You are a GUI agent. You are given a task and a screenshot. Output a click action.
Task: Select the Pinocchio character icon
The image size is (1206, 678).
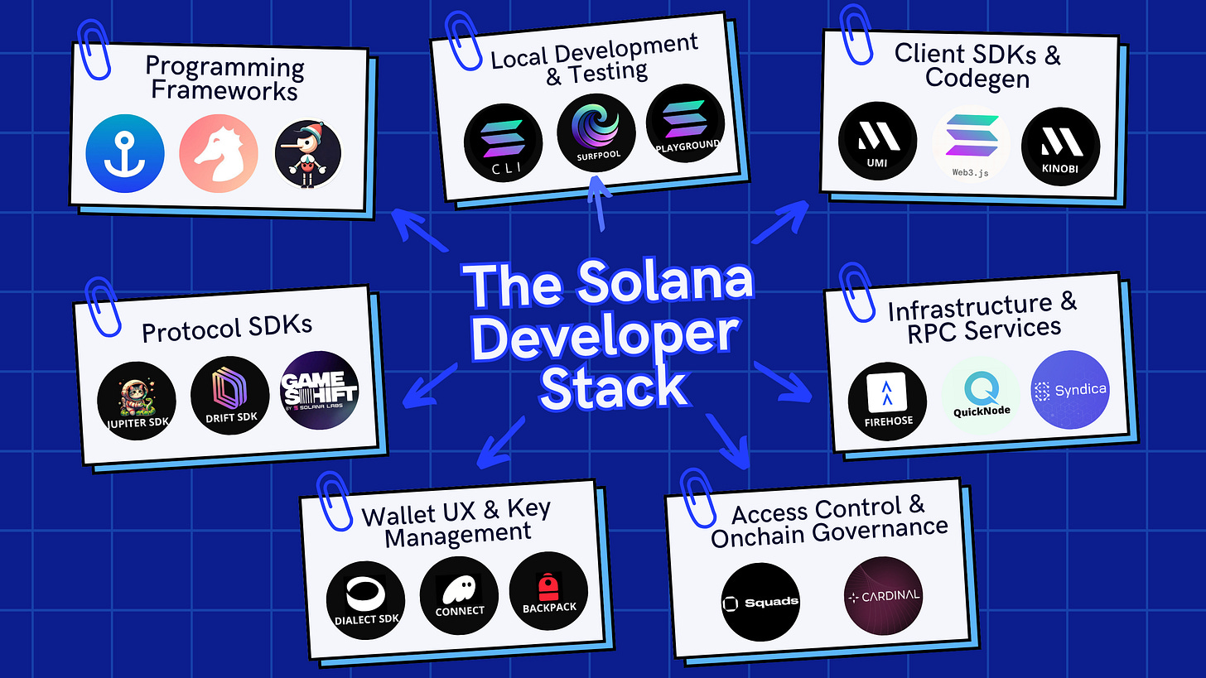pos(307,154)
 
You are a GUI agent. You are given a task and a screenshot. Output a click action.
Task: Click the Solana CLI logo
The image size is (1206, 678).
pos(503,142)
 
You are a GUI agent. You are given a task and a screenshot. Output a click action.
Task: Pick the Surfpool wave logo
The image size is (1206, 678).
pos(596,133)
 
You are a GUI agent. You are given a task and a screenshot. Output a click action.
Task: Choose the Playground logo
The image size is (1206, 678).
pos(685,124)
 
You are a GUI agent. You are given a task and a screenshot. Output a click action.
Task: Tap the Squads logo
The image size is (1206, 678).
pos(760,601)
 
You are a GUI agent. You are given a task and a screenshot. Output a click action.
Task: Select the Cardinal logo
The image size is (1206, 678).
pos(883,595)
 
